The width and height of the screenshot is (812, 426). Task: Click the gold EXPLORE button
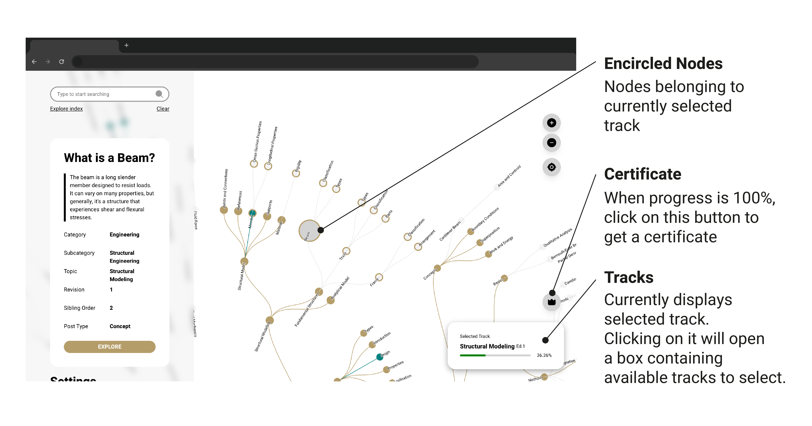coord(109,347)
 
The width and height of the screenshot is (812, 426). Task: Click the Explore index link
coord(66,109)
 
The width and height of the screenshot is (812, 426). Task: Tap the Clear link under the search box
coord(163,109)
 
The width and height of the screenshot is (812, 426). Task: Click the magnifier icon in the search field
coord(159,94)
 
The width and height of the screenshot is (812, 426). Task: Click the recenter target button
coord(551,167)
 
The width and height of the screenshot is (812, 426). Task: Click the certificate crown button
coord(551,302)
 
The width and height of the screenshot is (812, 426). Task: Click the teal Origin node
coord(380,357)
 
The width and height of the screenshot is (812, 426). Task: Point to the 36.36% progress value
coord(544,355)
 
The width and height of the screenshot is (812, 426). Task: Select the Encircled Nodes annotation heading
coord(663,64)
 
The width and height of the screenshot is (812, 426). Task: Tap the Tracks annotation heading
coord(628,278)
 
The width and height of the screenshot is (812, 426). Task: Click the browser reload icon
coord(61,62)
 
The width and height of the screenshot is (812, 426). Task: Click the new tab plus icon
coord(126,45)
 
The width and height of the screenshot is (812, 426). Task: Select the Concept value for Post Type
coord(120,326)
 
